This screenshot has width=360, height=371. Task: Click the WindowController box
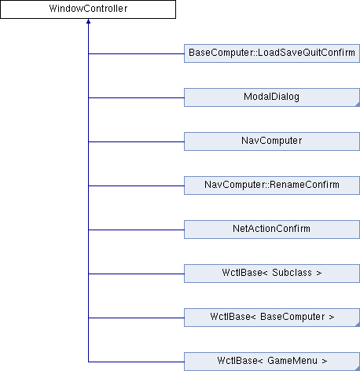88,9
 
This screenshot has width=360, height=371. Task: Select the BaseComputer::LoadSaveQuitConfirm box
272,53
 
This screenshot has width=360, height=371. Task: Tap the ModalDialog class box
272,97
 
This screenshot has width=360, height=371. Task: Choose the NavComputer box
272,141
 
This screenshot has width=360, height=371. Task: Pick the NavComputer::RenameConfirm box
272,185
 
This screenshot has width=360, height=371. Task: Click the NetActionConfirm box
272,230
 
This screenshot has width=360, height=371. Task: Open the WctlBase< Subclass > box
272,274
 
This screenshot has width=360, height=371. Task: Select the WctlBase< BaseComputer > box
272,318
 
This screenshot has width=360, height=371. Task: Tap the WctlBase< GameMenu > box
272,362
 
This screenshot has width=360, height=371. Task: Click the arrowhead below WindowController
88,21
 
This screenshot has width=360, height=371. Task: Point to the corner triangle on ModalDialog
358,105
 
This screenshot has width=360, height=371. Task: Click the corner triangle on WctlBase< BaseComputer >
358,325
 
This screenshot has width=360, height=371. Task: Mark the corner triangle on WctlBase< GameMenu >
358,369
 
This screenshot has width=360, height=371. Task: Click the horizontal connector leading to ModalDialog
136,97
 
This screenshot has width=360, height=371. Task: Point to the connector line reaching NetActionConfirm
136,230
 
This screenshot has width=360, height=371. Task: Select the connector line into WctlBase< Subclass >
136,274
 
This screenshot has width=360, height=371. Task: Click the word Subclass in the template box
292,273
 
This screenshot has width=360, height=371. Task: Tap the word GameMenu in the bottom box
292,361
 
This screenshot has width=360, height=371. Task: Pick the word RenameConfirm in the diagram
304,185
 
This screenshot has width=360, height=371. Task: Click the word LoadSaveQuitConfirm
307,53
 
